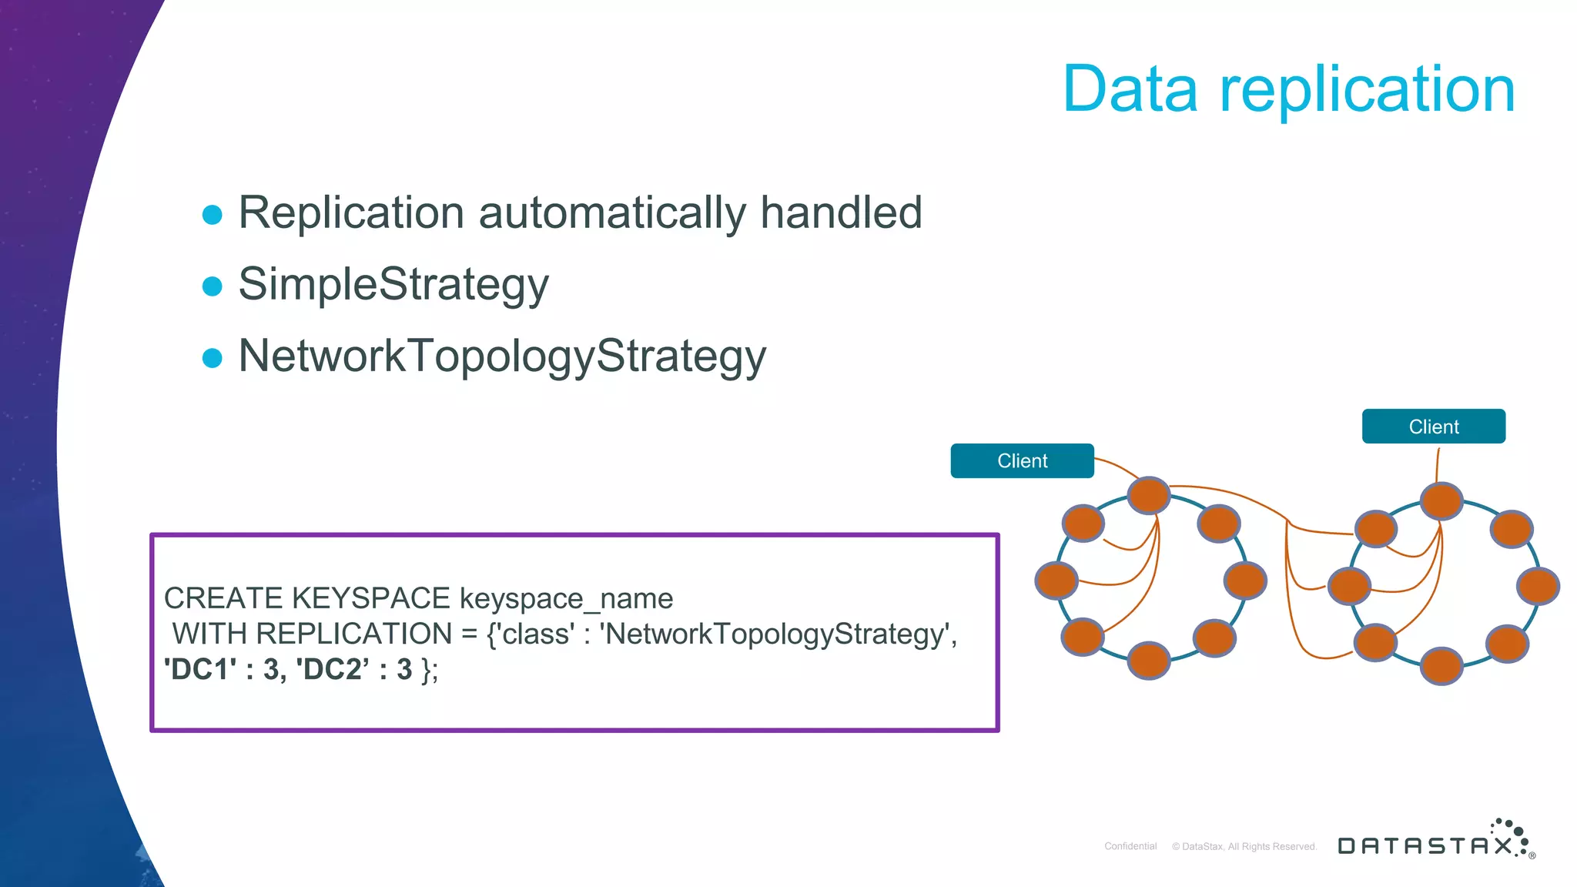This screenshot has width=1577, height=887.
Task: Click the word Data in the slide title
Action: [x=1130, y=89]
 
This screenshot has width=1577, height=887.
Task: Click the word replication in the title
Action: [x=1368, y=91]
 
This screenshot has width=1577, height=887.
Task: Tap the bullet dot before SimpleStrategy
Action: [x=212, y=286]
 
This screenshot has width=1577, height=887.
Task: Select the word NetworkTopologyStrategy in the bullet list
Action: [x=502, y=356]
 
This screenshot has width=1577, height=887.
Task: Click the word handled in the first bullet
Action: [x=841, y=213]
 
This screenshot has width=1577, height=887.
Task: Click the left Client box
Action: [x=1022, y=460]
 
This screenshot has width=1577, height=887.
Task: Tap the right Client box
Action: [x=1433, y=427]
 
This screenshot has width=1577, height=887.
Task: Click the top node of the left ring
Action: [x=1149, y=495]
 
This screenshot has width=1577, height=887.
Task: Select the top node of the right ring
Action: [x=1441, y=501]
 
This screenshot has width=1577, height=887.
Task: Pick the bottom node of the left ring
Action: [x=1149, y=660]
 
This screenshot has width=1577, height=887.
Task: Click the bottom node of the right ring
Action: [x=1441, y=666]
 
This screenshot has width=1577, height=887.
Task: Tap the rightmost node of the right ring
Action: [x=1538, y=586]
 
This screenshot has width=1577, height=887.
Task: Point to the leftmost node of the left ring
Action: [x=1056, y=581]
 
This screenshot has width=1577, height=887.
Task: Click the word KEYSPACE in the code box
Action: [x=371, y=598]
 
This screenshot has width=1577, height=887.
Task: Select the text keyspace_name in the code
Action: [x=566, y=599]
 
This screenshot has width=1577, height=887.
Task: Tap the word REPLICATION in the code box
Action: [x=354, y=634]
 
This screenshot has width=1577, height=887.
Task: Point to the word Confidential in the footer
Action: [x=1130, y=846]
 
